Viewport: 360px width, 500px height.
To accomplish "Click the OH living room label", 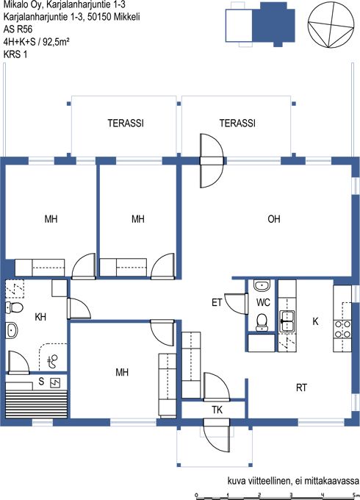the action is [274, 219].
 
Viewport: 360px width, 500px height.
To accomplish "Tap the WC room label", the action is [263, 302].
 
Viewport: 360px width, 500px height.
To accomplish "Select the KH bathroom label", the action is [40, 317].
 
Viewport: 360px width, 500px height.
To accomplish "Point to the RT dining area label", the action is [301, 387].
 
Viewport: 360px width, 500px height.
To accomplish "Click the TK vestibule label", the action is [217, 410].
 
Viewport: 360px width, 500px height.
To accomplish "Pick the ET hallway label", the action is [217, 302].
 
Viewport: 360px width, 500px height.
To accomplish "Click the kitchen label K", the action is [315, 321].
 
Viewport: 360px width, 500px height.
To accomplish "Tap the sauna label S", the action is [41, 381].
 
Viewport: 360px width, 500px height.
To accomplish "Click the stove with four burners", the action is [342, 329].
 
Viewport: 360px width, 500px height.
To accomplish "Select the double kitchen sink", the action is [288, 321].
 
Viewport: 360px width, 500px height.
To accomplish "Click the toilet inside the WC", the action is [262, 322].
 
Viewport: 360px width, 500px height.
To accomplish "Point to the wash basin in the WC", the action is [262, 285].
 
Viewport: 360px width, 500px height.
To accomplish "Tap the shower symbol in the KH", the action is [53, 361].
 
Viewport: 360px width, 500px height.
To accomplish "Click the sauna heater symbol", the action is [56, 382].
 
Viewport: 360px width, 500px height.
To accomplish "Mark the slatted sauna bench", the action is [37, 404].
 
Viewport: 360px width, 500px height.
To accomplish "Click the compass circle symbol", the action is [331, 25].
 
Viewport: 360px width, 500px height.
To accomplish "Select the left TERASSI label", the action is [126, 123].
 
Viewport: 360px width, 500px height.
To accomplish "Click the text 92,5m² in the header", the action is [57, 41].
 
